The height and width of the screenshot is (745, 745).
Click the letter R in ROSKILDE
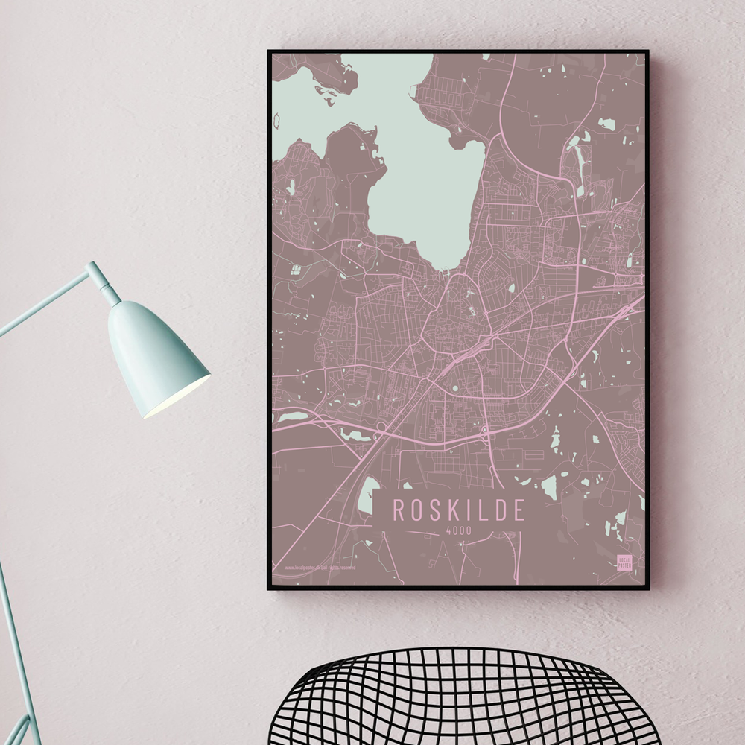click(399, 510)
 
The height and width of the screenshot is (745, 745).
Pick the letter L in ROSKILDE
click(479, 510)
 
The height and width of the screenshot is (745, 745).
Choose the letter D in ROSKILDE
click(497, 510)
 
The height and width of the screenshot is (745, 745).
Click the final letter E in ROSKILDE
click(517, 510)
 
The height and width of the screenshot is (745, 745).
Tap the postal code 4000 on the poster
click(458, 530)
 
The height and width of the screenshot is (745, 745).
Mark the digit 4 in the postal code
click(448, 530)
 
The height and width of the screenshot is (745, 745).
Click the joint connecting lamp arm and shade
click(98, 276)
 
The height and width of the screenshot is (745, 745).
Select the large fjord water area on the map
click(425, 171)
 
